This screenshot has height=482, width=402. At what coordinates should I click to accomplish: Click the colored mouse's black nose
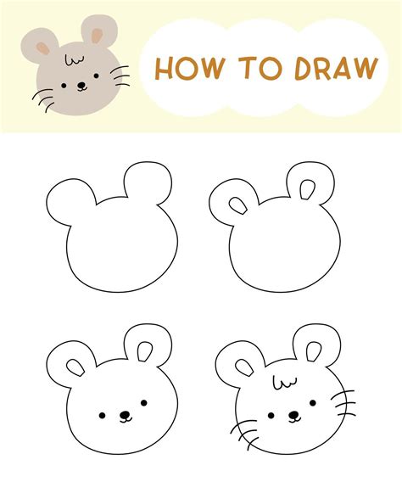pos(81,86)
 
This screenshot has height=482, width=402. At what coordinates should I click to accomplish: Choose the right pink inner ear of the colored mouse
pos(96,36)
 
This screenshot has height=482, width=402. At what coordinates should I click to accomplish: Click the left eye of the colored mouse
pos(66,81)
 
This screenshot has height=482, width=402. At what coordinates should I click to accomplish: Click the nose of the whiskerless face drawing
pos(124,417)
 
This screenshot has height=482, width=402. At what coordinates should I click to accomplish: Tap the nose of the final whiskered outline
pos(293,416)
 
